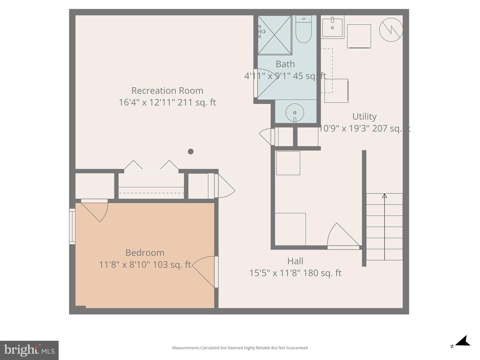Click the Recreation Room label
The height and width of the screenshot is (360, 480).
(x=167, y=91)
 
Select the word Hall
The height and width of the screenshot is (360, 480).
(x=295, y=261)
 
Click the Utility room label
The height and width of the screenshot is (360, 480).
(x=364, y=117)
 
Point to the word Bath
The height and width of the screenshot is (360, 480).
(x=285, y=64)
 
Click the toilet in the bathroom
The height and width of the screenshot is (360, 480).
(x=303, y=30)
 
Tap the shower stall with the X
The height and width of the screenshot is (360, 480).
(x=275, y=35)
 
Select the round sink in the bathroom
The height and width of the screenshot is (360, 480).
(x=295, y=113)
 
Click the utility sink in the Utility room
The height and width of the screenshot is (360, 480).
(x=332, y=28)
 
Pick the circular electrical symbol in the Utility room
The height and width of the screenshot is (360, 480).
(x=391, y=30)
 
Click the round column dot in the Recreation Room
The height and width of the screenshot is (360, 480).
(x=191, y=152)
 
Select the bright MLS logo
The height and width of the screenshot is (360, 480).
(x=29, y=350)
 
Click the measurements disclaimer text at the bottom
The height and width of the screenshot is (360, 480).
(x=240, y=348)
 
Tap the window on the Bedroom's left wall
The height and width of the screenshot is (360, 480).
(x=72, y=226)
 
